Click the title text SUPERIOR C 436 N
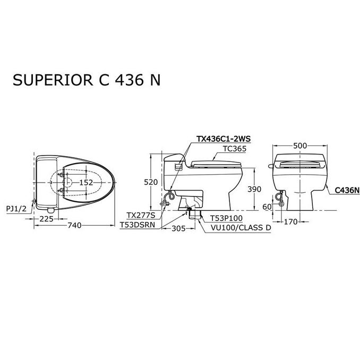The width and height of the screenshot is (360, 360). pos(87,80)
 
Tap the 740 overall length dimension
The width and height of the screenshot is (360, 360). pos(74,226)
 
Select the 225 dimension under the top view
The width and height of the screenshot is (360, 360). pos(46,219)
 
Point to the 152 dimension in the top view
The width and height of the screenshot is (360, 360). pos(87,183)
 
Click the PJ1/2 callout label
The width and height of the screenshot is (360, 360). pos(16,209)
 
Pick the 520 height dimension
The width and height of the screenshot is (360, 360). pos(151,182)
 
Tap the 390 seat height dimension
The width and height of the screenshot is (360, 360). pos(254,189)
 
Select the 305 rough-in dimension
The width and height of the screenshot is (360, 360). pos(178,228)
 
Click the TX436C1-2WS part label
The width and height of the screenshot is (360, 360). pos(224,139)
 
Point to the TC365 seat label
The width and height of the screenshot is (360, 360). pos(235,149)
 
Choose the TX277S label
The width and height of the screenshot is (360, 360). pos(141,216)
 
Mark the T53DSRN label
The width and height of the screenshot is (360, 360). pos(138,225)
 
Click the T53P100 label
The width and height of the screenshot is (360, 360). pos(226,218)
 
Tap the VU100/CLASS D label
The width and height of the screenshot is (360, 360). pos(241,228)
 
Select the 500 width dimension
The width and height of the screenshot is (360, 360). pos(300,145)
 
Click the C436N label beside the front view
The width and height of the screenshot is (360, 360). pos(347,190)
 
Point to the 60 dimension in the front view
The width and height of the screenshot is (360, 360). pos(267,207)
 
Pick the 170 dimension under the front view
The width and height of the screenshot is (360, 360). pos(290,222)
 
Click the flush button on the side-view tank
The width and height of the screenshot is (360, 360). pos(178,167)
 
